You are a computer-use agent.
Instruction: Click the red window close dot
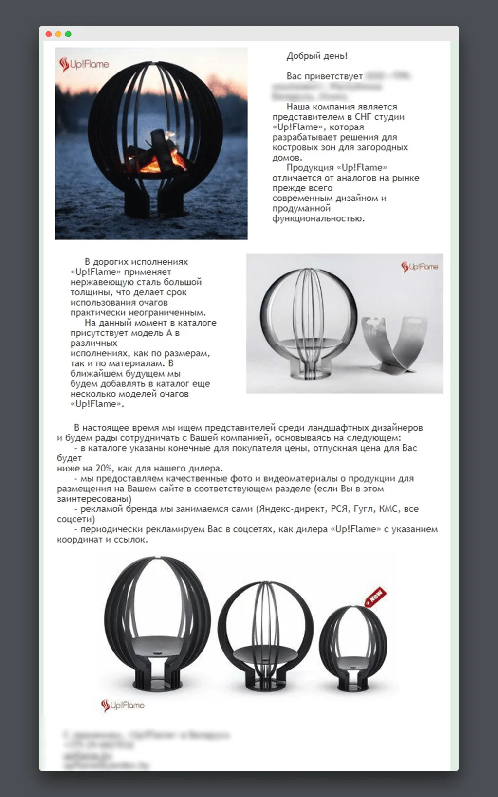tap(48, 34)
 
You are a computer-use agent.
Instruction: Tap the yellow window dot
tap(58, 34)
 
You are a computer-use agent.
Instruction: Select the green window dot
tap(68, 34)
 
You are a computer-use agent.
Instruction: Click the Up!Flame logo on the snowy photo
tap(84, 64)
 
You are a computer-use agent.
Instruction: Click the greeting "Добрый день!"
tap(317, 56)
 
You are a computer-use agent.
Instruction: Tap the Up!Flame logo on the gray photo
tap(419, 267)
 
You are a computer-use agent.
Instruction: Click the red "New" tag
tap(376, 596)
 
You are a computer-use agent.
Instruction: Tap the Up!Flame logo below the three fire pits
tap(123, 705)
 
